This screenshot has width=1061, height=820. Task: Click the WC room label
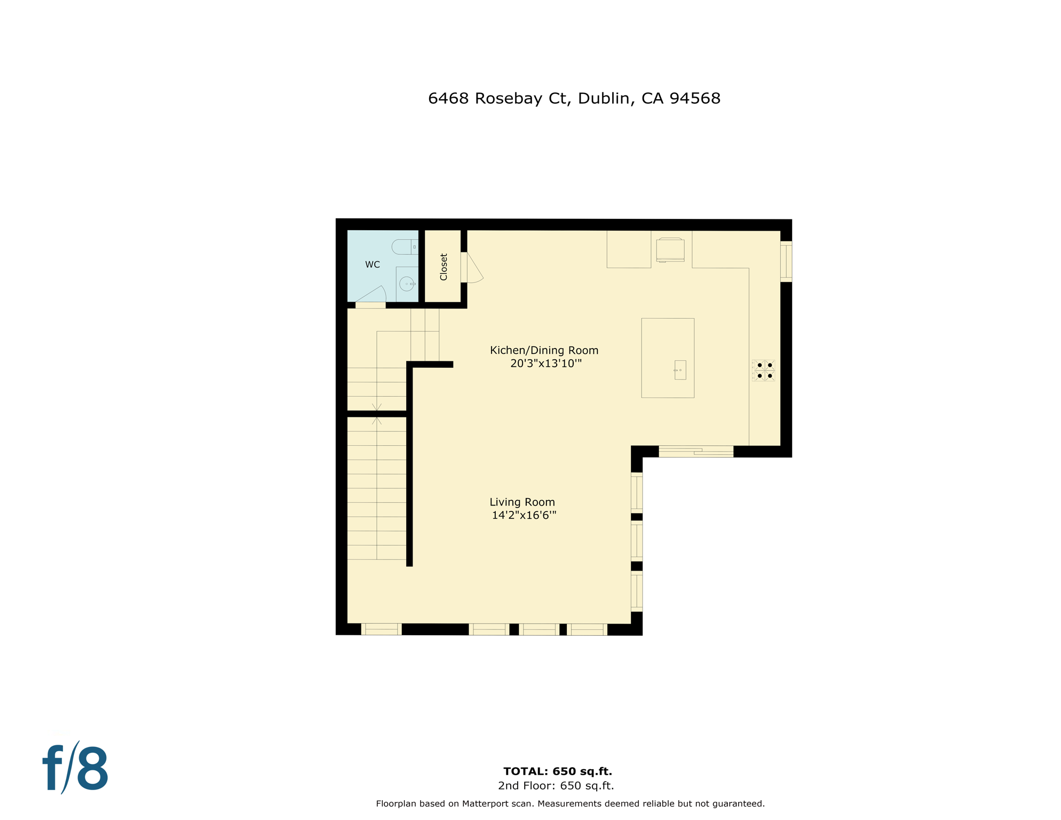tap(372, 265)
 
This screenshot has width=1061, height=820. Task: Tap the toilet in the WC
tap(405, 247)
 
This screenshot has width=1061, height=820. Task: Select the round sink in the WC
tap(407, 284)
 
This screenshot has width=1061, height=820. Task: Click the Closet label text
tap(444, 267)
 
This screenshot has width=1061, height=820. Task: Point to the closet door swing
tap(473, 269)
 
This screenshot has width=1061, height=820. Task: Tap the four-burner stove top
tap(764, 370)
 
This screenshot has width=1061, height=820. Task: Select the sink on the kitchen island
tap(680, 370)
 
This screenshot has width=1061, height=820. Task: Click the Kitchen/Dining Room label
tap(544, 351)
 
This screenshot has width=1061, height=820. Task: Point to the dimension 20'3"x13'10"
tap(545, 364)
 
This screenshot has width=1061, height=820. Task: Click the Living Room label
tap(522, 502)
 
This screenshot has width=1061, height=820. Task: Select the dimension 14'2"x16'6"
tap(524, 516)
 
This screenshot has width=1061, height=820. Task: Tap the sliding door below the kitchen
tap(696, 452)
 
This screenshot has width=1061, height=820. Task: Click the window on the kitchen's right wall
tap(786, 262)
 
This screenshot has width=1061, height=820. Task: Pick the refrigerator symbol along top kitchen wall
tap(670, 250)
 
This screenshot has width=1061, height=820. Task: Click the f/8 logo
tap(75, 768)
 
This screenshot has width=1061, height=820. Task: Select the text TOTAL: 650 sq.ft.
tap(557, 771)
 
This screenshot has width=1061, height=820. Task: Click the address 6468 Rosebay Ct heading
tap(574, 99)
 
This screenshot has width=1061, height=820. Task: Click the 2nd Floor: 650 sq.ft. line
tap(556, 786)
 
